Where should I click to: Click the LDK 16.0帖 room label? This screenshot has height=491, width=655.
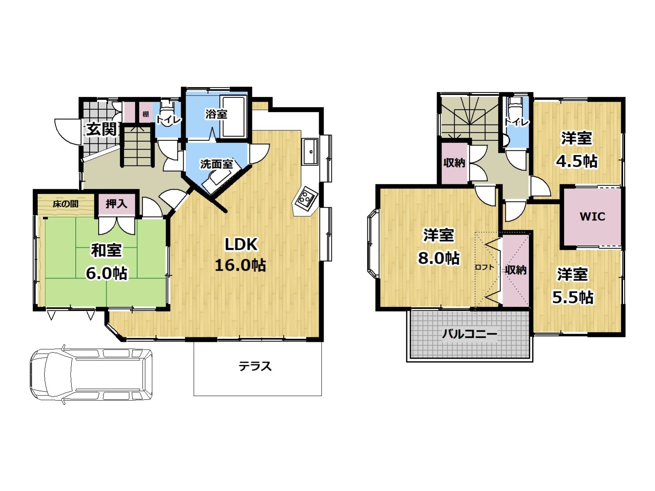coord(240,255)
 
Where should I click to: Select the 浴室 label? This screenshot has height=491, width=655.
coord(216,114)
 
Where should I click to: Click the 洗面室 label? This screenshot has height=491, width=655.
coord(216,164)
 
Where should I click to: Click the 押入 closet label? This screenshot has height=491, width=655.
coord(116,204)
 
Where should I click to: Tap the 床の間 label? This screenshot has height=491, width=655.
coord(66,204)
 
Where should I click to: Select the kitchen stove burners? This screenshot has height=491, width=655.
coord(306,198)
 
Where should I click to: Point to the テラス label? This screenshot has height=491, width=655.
coord(255,367)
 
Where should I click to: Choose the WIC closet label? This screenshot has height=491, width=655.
coord(592,217)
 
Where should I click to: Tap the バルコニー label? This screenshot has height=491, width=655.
coord(469,334)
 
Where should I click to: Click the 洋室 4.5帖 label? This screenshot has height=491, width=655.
coord(576,150)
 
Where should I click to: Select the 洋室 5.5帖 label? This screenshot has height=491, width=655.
coord(572,286)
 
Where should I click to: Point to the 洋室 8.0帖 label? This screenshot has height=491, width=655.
coord(438,247)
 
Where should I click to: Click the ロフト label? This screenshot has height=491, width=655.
coord(485,267)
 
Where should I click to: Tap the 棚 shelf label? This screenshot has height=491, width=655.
coord(145,114)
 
